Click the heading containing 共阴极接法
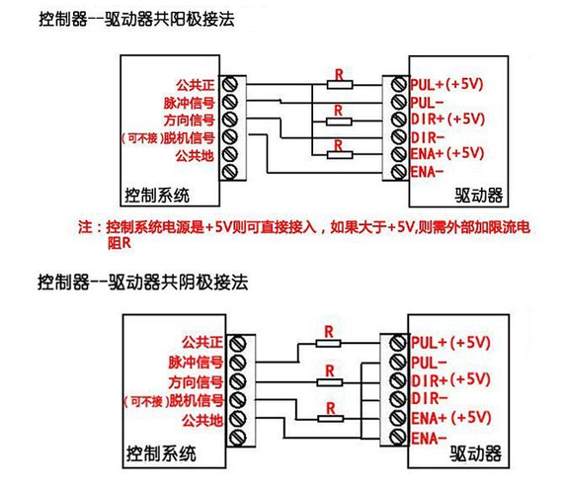[138, 281]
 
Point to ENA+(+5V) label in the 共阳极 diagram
[445, 153]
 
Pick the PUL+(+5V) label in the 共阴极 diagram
[450, 343]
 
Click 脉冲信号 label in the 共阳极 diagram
[188, 102]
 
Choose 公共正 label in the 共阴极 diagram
[202, 344]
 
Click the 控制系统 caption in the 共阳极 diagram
[156, 193]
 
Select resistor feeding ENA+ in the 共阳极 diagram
[339, 153]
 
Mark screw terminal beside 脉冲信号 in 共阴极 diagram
[237, 362]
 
